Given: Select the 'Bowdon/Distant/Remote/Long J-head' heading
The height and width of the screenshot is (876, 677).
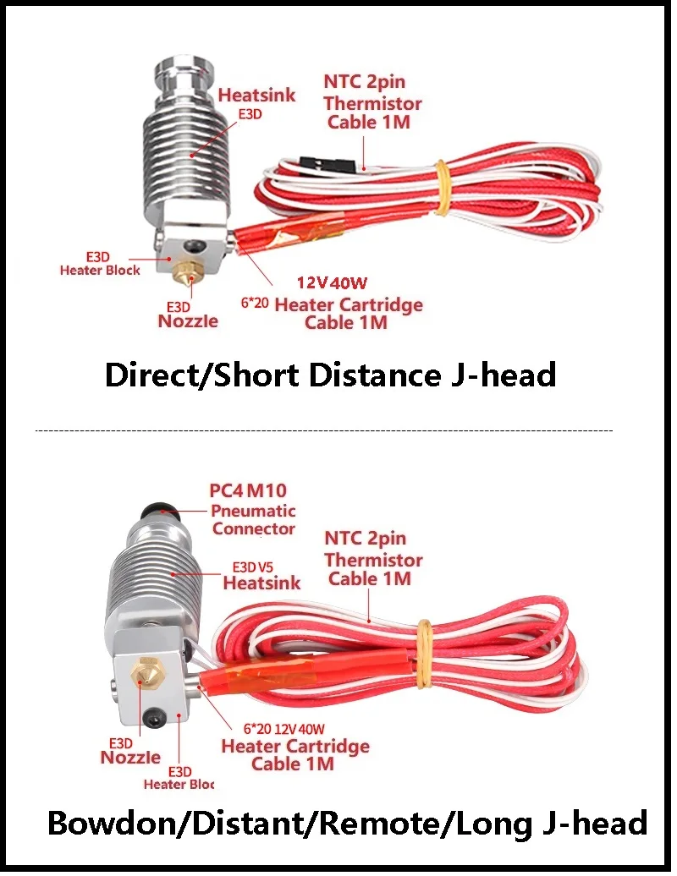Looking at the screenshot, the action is point(347,823).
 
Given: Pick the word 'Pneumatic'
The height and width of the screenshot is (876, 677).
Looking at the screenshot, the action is point(253,511).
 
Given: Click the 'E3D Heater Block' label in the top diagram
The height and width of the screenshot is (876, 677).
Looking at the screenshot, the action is point(100,263).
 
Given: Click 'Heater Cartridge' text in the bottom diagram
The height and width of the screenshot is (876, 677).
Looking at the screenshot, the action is point(295,747).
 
